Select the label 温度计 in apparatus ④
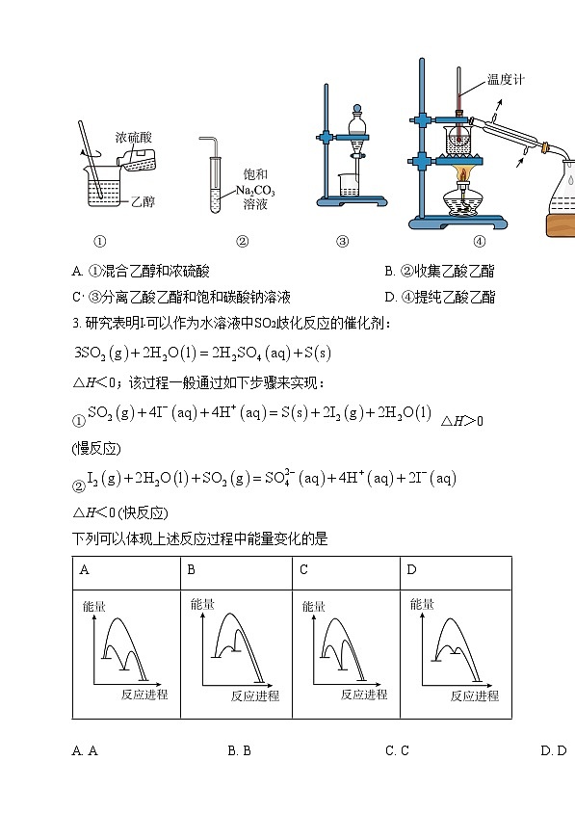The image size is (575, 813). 505,80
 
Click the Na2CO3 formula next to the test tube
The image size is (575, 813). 255,190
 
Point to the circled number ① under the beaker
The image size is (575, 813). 99,242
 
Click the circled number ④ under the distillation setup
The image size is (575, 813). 479,242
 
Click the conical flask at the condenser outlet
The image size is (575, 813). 564,197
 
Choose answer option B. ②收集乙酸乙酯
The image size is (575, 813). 439,273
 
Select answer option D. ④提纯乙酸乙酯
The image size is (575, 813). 439,297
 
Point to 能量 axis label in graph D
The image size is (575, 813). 422,605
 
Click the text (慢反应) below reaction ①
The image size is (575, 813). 96,449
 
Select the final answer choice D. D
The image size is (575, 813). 554,750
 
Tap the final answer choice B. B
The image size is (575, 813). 239,750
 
